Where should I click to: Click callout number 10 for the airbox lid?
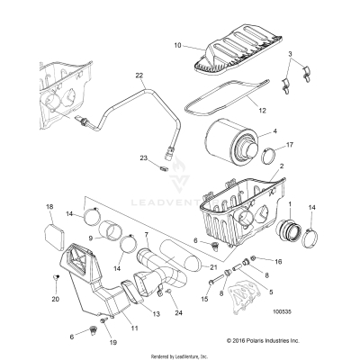click(177, 44)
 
